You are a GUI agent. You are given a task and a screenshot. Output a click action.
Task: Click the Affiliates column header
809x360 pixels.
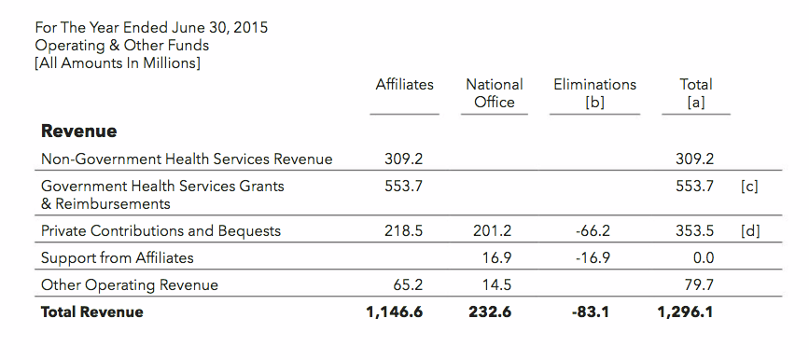click(404, 84)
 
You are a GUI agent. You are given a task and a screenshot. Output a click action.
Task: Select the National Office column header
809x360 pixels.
click(494, 93)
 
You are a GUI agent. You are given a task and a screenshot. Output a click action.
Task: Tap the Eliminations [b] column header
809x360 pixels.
click(594, 93)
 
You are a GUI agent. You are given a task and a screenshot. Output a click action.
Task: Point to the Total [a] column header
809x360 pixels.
click(695, 93)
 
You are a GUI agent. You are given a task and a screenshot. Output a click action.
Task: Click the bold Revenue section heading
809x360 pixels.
click(79, 131)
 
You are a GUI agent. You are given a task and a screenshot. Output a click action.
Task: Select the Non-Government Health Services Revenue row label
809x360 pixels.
click(187, 159)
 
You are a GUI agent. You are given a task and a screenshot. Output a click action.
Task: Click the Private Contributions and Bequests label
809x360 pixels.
click(160, 230)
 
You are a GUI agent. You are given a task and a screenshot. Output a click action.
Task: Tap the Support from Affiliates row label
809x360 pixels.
click(118, 257)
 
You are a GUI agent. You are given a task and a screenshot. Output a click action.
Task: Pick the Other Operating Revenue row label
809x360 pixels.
click(130, 284)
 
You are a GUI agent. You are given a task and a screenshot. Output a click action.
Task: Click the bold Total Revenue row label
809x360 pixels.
click(92, 312)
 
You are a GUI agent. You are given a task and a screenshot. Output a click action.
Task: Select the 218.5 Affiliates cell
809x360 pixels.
click(404, 230)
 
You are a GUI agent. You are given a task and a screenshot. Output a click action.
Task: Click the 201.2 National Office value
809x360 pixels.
click(494, 230)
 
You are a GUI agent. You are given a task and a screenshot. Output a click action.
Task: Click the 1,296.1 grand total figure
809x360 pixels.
click(687, 312)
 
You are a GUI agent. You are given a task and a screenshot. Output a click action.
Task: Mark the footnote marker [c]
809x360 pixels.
click(748, 186)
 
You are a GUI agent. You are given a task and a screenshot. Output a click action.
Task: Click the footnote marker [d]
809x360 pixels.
click(749, 230)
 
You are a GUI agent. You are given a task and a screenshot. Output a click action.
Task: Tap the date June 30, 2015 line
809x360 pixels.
click(151, 28)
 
